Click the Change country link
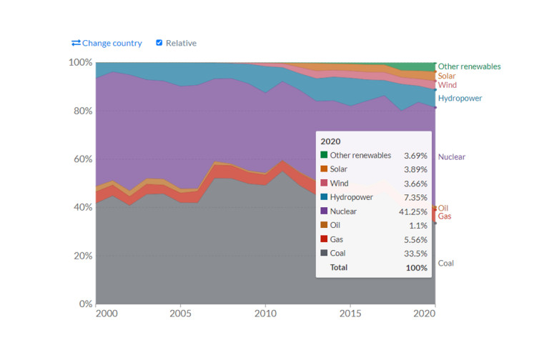click(107, 43)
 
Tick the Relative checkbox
click(159, 43)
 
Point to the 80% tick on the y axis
click(81, 111)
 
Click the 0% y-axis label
click(84, 304)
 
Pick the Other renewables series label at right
click(469, 66)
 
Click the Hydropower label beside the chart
click(460, 98)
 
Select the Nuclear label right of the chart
click(452, 157)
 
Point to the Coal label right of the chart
click(445, 264)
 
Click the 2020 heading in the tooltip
click(331, 141)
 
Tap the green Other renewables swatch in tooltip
click(324, 155)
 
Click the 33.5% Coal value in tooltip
click(415, 254)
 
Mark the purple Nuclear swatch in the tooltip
click(324, 211)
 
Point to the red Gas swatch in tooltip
click(324, 239)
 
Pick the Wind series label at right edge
click(447, 85)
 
